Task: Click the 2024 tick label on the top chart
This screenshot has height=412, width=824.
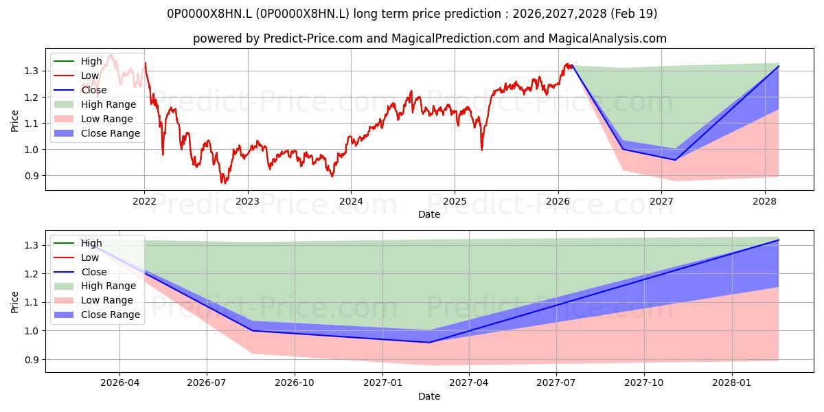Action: [351, 202]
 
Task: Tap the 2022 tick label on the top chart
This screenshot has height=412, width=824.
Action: [144, 202]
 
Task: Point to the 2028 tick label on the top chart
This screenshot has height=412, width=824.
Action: [765, 202]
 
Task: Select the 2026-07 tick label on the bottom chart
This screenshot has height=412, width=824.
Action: [207, 383]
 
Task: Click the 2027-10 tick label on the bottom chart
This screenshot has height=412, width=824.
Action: [644, 383]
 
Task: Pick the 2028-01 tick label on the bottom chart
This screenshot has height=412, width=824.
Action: [732, 383]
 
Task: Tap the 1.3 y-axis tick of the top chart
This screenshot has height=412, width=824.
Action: [32, 71]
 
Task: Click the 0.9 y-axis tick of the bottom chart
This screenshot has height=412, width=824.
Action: [32, 360]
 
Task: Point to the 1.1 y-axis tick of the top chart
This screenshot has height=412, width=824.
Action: [32, 124]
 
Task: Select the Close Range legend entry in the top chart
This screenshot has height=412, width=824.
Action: [97, 133]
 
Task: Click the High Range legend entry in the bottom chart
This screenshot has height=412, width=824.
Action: [95, 286]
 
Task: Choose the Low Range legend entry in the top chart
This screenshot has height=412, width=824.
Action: [93, 119]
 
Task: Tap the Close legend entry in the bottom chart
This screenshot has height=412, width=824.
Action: [80, 272]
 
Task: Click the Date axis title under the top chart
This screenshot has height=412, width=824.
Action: [429, 214]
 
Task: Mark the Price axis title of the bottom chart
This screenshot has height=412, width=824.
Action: [14, 302]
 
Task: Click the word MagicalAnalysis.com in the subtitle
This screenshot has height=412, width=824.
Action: [607, 38]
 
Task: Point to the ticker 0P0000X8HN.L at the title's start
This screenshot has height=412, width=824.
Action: [209, 14]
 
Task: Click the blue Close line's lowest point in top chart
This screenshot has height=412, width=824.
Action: [675, 160]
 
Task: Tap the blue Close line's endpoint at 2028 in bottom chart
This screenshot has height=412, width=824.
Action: [779, 240]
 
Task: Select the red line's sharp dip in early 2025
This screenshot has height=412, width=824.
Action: [482, 150]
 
